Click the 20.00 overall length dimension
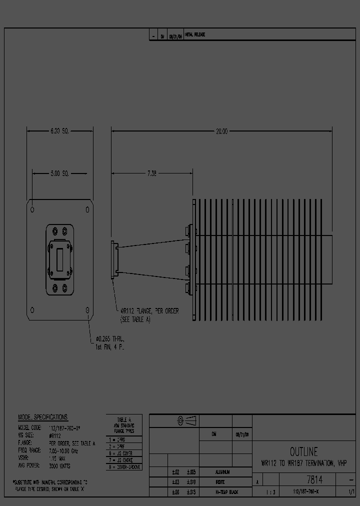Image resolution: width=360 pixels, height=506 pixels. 221,131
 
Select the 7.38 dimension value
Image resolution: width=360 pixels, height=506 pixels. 151,173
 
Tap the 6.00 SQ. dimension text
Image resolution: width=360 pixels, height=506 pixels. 59,131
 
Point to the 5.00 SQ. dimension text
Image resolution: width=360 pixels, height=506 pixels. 59,173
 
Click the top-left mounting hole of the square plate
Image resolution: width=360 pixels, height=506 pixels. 32,208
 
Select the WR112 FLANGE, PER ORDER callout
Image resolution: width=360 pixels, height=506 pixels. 149,311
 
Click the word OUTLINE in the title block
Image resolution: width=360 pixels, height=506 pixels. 303,451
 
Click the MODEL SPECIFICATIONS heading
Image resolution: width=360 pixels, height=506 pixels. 42,417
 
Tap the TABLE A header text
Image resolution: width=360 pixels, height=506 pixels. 124,419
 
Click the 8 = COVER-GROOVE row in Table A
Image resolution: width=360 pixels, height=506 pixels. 124,467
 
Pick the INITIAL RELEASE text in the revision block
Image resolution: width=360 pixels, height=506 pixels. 195,35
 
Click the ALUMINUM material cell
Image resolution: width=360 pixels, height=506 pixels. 223,472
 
